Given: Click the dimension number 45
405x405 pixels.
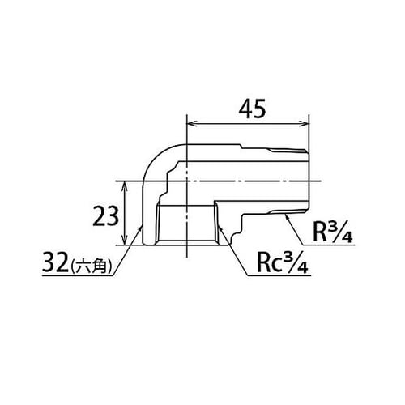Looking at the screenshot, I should pos(249,109).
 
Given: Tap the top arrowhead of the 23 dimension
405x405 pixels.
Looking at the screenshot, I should pos(125,185).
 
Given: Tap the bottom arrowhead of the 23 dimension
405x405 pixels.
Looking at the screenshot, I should pos(125,241).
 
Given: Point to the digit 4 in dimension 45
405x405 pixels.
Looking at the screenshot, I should pos(239,109).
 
